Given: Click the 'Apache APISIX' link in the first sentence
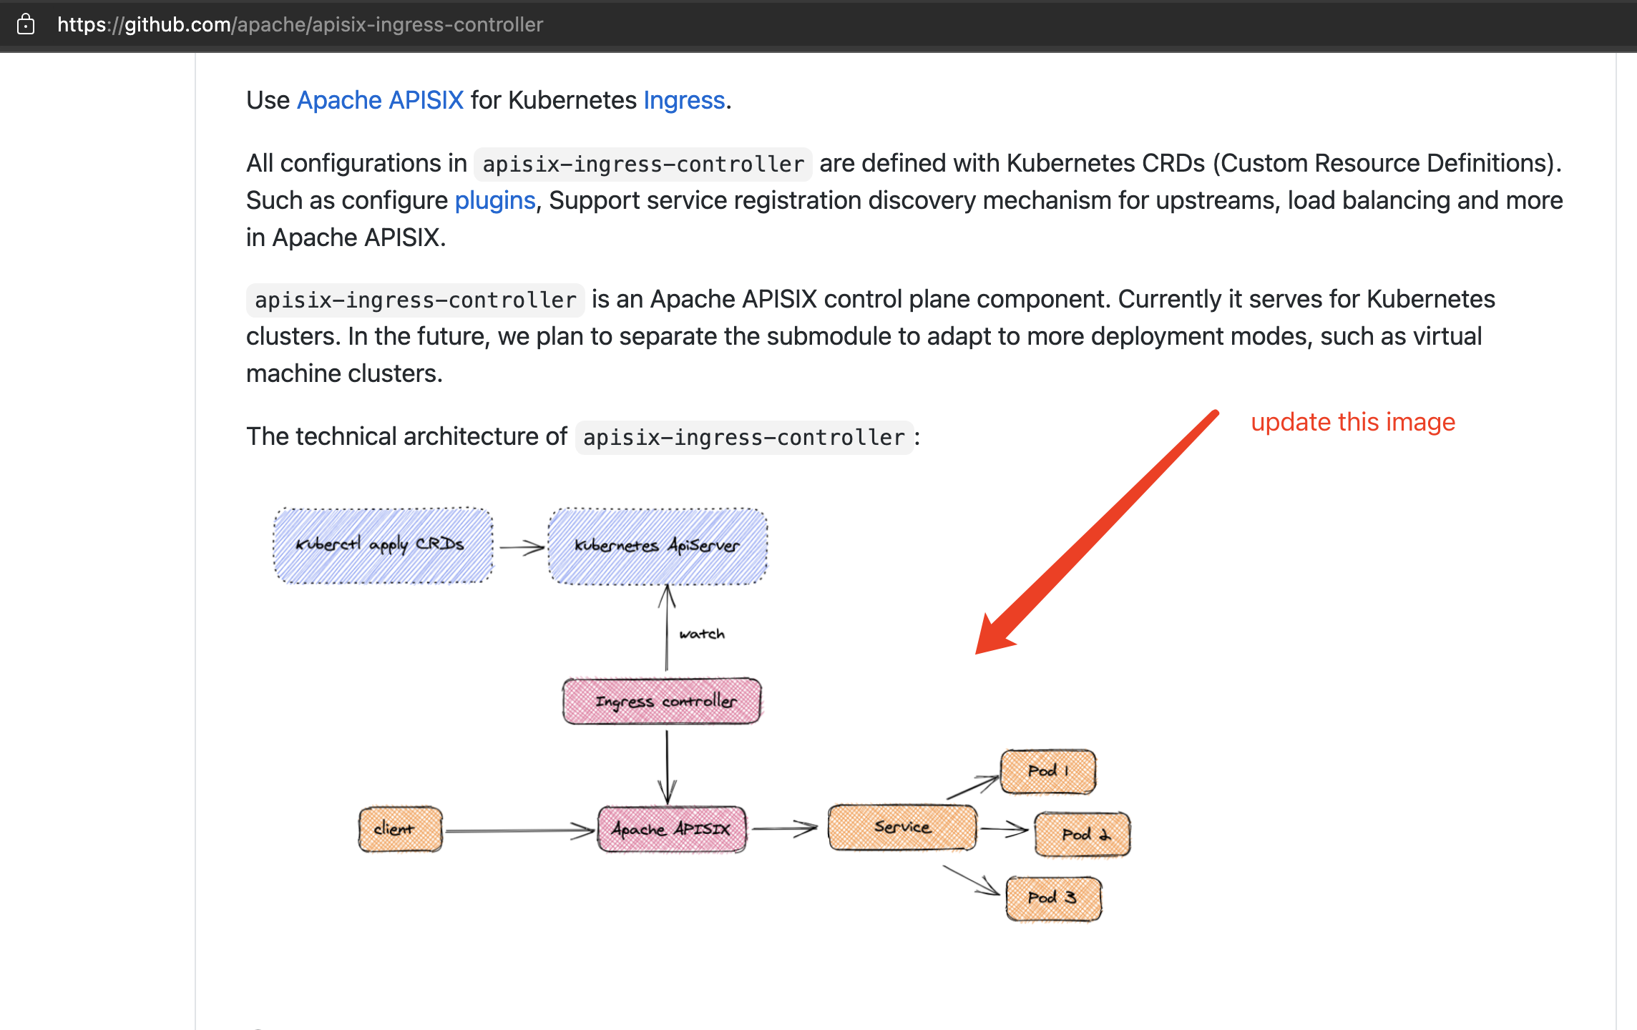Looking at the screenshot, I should click(380, 100).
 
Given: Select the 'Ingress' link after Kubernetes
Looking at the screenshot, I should click(683, 100).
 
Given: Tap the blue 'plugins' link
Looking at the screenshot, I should click(494, 200).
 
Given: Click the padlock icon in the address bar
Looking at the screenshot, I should click(26, 24).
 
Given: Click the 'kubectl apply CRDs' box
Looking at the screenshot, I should click(383, 545).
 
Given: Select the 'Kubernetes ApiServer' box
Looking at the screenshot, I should click(657, 546).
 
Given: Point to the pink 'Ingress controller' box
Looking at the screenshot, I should click(662, 701).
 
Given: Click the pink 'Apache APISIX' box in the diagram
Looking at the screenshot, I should click(671, 829).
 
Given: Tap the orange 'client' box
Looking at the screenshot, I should click(400, 829).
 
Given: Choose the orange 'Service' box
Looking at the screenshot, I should click(901, 828).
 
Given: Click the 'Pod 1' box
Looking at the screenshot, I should click(1047, 771).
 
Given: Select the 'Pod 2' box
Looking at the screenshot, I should click(1082, 834).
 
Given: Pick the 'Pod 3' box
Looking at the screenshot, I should click(1052, 898).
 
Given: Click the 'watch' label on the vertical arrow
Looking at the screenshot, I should click(701, 634).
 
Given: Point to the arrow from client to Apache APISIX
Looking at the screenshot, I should click(519, 830).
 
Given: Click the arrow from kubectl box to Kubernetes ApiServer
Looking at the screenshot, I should click(521, 548).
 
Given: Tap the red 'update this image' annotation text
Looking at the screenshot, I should click(1352, 422).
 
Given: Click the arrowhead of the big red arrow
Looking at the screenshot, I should click(993, 636).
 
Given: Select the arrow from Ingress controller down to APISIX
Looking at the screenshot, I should click(667, 765).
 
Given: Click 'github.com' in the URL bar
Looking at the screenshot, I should click(177, 24).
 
